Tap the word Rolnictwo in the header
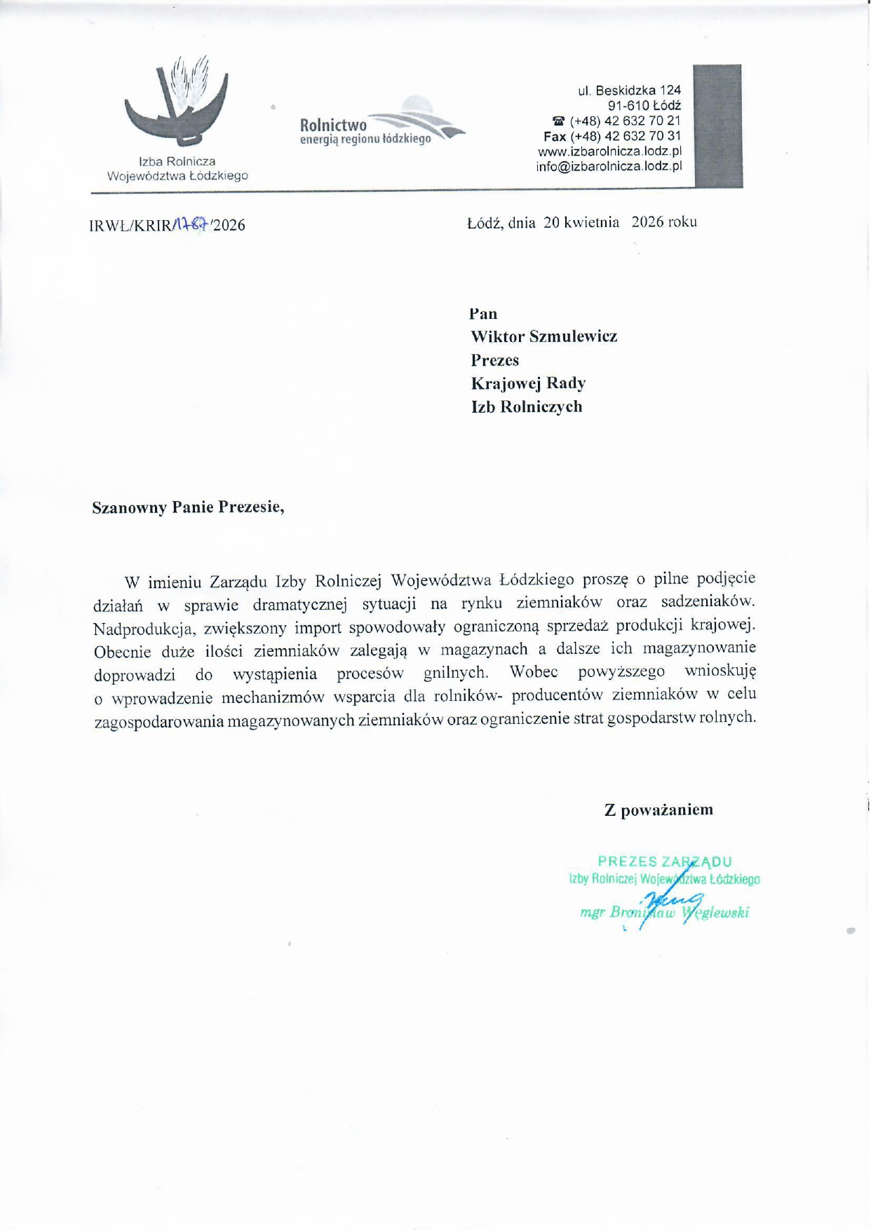tap(333, 125)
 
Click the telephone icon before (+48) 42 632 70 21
tap(559, 121)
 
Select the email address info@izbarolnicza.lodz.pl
tap(609, 167)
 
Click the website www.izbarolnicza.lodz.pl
tap(609, 151)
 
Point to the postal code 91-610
tap(628, 106)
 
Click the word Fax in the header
tap(555, 136)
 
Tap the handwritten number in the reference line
tap(190, 224)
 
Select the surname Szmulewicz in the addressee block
tap(573, 336)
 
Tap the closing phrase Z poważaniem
tap(659, 810)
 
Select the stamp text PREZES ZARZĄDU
tap(664, 861)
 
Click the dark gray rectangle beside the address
tap(717, 126)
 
